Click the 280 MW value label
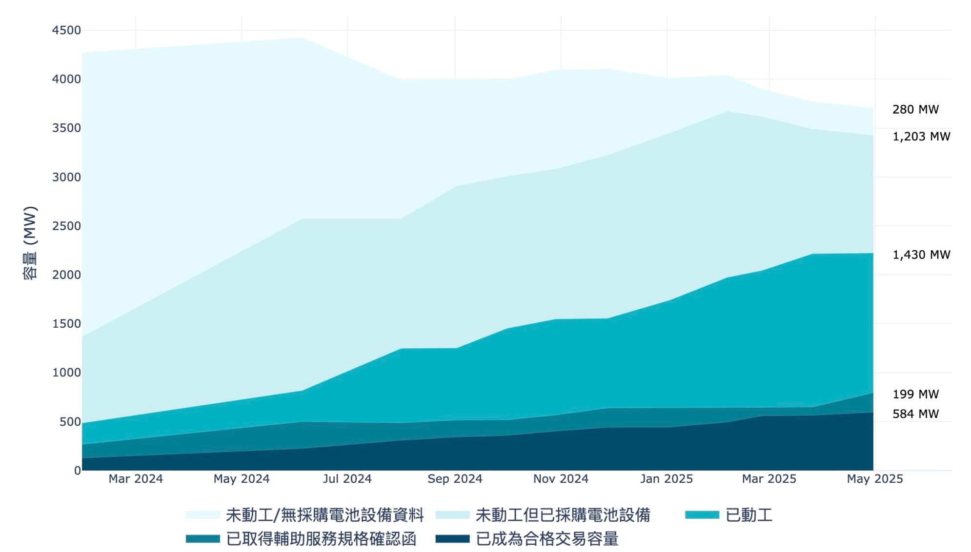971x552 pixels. tap(915, 109)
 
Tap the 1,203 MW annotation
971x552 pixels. tap(921, 137)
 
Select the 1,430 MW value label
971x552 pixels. tap(921, 255)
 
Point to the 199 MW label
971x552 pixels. tap(915, 394)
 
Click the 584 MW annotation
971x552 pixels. tap(915, 414)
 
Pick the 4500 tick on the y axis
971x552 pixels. tap(66, 30)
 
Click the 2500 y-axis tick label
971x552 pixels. tap(66, 226)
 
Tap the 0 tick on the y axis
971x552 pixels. tap(77, 471)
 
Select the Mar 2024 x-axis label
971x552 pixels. tap(136, 479)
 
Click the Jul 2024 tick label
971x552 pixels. tap(347, 479)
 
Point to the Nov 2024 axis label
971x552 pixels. tap(561, 479)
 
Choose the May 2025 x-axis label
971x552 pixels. tap(874, 479)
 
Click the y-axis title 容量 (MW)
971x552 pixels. tap(30, 243)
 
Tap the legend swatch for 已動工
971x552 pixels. tap(702, 515)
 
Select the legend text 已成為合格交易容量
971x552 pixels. tap(547, 539)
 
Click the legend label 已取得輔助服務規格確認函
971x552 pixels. tap(321, 539)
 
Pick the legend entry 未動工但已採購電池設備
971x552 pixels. tap(563, 515)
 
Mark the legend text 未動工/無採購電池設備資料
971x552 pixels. tap(324, 515)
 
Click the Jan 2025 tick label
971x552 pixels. tap(666, 479)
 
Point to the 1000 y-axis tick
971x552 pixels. tap(66, 373)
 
